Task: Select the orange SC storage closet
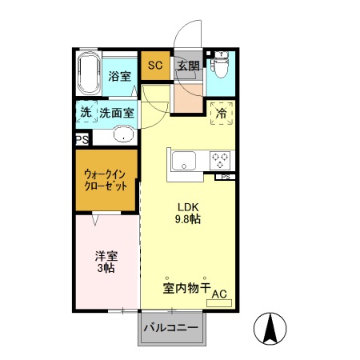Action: pos(155,66)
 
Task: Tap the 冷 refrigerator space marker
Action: pos(222,114)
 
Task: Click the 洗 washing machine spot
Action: pos(86,113)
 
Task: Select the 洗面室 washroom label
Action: pos(117,114)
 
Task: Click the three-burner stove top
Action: pos(221,160)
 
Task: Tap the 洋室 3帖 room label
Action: pos(106,262)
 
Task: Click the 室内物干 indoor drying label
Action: pos(186,286)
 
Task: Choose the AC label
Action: pos(219,294)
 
